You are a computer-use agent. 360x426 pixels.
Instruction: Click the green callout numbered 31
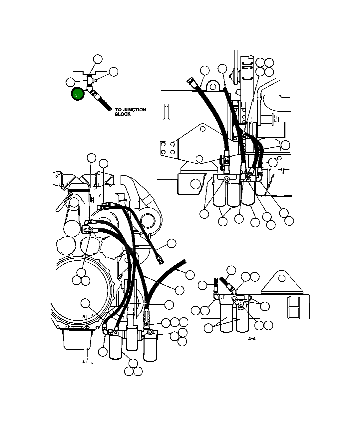coord(78,95)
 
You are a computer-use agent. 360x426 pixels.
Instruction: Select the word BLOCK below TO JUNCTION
coord(123,114)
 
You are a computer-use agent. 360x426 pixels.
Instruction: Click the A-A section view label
coord(252,339)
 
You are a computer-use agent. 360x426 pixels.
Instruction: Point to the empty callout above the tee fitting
coord(98,59)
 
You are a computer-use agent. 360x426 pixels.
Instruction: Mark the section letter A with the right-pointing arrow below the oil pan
coord(84,362)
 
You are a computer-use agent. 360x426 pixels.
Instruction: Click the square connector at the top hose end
coord(190,81)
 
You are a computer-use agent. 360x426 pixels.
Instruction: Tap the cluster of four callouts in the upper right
coord(265,67)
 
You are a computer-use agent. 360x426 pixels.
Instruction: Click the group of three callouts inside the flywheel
coord(81,277)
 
